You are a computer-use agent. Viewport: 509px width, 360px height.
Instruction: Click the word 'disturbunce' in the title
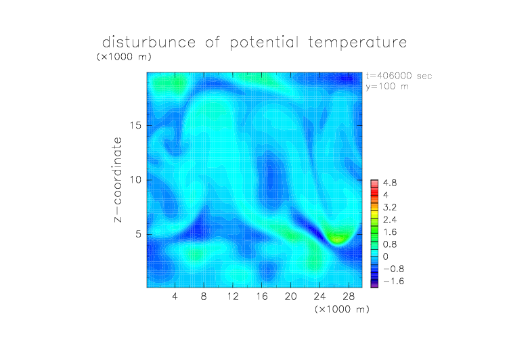click(149, 42)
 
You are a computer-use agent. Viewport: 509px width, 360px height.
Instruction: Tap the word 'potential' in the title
click(264, 43)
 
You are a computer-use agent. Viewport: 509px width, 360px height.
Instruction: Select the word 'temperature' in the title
click(357, 42)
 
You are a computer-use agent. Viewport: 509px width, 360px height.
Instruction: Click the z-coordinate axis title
click(118, 179)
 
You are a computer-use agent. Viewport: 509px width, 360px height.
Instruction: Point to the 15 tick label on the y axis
click(135, 125)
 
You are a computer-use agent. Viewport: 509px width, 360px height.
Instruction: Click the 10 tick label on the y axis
click(135, 180)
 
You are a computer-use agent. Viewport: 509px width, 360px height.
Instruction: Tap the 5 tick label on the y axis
click(139, 234)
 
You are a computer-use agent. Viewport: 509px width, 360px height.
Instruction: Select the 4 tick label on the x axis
click(175, 296)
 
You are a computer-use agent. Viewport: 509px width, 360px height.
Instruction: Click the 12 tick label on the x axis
click(233, 296)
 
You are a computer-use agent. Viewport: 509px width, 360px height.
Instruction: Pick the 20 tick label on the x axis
click(290, 296)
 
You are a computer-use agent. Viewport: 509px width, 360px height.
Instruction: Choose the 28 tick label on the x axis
click(349, 296)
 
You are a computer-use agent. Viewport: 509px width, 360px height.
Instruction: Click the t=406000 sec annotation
click(399, 76)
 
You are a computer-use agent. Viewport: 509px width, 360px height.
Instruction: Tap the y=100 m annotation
click(387, 87)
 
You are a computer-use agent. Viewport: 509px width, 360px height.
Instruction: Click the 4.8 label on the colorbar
click(390, 183)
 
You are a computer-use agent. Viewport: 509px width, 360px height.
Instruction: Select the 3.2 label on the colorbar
click(390, 208)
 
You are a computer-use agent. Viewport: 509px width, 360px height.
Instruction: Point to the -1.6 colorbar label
click(393, 281)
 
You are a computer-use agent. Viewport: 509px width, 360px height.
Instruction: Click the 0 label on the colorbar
click(385, 256)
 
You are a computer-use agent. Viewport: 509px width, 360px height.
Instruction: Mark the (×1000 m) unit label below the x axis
click(342, 309)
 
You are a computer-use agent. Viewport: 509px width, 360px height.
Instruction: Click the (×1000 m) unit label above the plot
click(124, 56)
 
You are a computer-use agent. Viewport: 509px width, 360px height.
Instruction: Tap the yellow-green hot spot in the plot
click(338, 239)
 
